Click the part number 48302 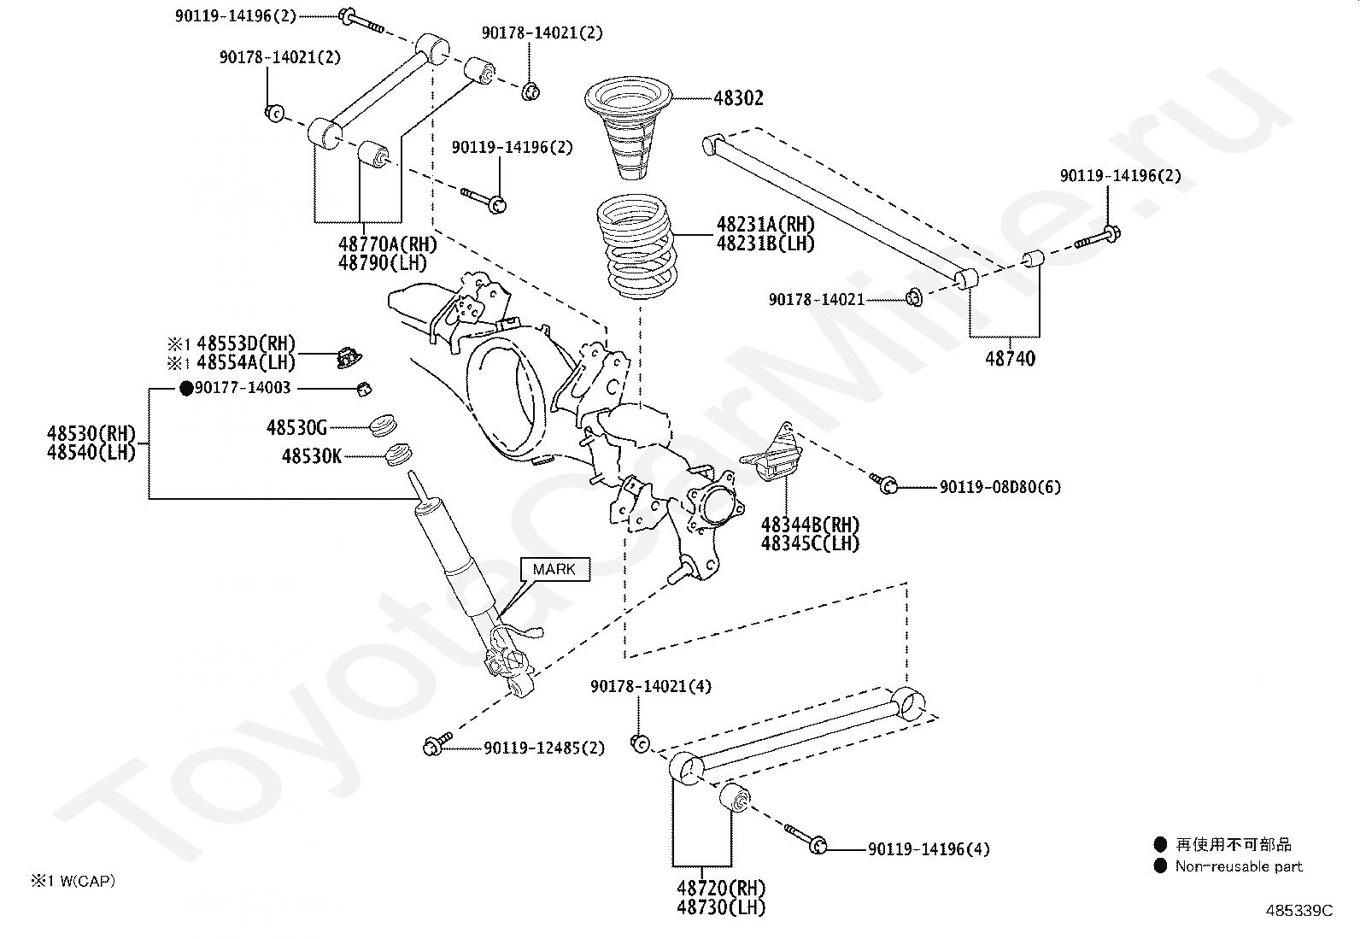[738, 97]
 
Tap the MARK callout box [554, 569]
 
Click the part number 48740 [1011, 358]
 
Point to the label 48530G [297, 427]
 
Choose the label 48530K [312, 456]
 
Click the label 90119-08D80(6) [1000, 487]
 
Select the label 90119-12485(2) [545, 748]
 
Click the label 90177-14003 [243, 388]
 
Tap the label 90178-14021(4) [651, 686]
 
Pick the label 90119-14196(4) [929, 849]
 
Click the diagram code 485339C [1299, 911]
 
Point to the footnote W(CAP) [87, 881]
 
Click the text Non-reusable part [1240, 866]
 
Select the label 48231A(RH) [765, 224]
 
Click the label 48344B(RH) [811, 524]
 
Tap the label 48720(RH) [721, 888]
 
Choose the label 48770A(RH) [388, 244]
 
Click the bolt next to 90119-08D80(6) [883, 483]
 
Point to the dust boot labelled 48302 [628, 127]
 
